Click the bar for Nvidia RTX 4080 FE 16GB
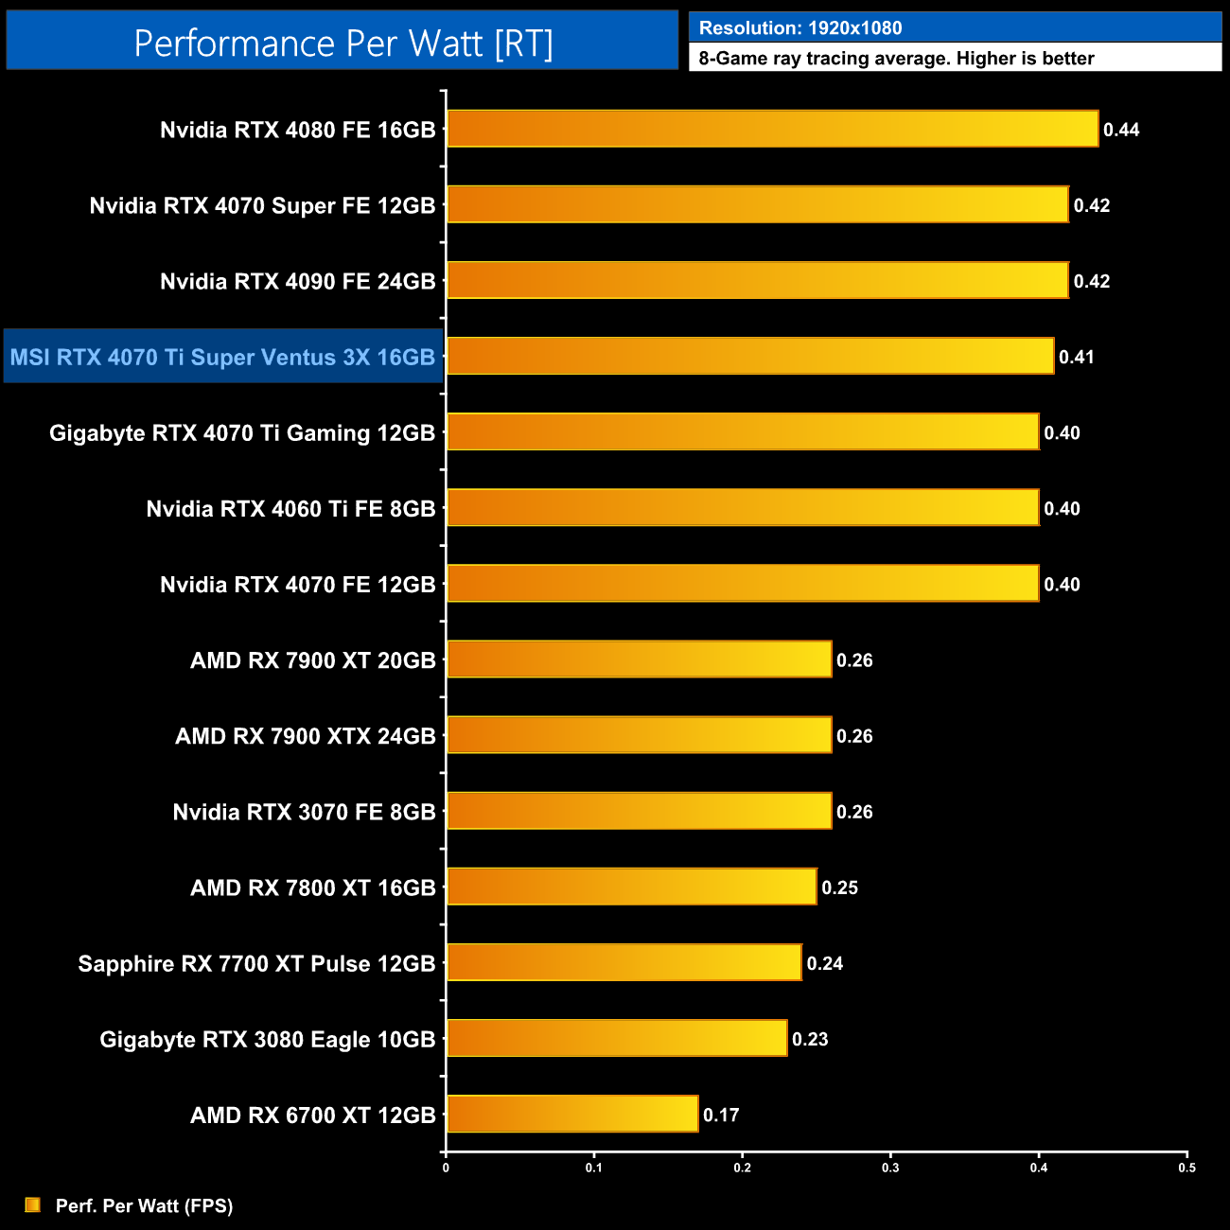(772, 129)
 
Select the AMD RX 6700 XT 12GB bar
(572, 1114)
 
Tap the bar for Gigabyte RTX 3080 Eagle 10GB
(617, 1038)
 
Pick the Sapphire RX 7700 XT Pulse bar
(624, 962)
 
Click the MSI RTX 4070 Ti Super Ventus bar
(750, 356)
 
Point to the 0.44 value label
(1121, 130)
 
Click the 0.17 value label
(721, 1115)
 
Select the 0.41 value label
(1077, 357)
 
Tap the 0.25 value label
(840, 887)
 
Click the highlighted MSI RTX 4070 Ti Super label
(222, 357)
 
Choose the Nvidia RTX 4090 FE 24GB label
(297, 281)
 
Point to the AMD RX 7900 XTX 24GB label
(305, 736)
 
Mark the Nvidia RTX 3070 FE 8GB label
(304, 812)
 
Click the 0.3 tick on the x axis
(890, 1168)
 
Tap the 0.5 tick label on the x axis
(1186, 1168)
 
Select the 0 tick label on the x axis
(446, 1168)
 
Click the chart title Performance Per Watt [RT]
(343, 43)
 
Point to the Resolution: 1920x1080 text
(800, 27)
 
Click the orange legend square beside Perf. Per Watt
(33, 1204)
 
